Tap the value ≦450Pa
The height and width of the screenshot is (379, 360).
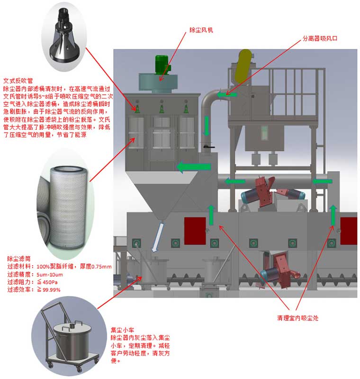pyautogui.click(x=47, y=282)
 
